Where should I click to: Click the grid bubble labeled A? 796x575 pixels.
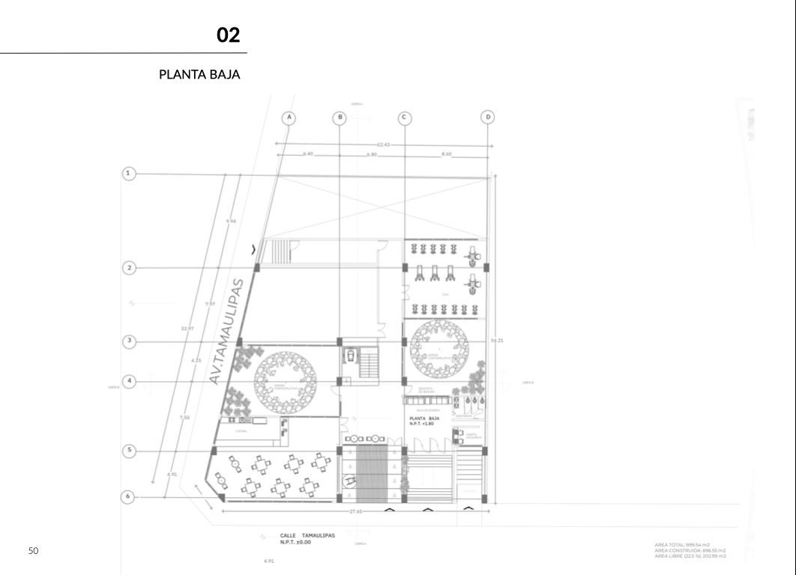[289, 118]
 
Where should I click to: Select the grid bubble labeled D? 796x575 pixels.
[489, 118]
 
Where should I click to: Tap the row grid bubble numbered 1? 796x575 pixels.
[129, 174]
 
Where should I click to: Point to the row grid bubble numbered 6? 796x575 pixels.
[129, 496]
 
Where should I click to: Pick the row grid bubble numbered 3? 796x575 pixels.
[129, 341]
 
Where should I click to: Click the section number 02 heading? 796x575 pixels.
[228, 35]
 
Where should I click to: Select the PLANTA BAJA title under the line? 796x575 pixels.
[199, 75]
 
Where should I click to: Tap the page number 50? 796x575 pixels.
[33, 551]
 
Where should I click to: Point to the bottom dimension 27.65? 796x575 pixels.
[355, 511]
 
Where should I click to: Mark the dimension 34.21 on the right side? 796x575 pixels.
[496, 341]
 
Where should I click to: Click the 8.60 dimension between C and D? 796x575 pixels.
[447, 154]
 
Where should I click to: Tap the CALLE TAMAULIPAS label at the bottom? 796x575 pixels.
[307, 535]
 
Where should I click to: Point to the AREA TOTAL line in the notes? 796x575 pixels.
[681, 544]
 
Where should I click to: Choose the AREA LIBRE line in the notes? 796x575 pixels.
[690, 556]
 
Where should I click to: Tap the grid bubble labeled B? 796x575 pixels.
[340, 118]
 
